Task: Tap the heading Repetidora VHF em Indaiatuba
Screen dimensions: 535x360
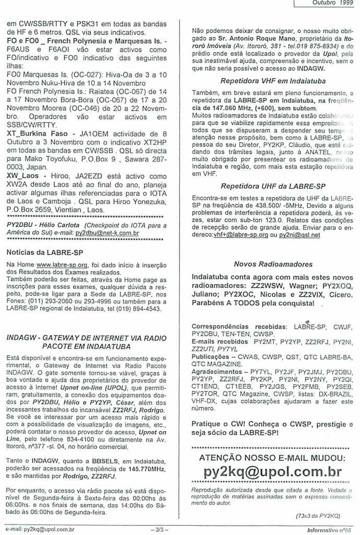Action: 265,81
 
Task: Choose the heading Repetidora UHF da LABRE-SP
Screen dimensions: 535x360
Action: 266,185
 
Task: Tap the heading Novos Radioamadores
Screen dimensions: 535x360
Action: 266,264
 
